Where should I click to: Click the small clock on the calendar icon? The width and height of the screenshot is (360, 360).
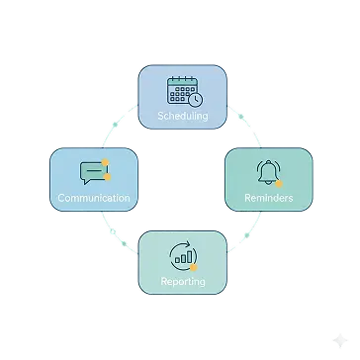[195, 99]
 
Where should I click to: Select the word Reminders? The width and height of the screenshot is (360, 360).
[268, 199]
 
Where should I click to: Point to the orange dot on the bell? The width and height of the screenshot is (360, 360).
[279, 184]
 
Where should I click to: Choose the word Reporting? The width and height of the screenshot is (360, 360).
[183, 282]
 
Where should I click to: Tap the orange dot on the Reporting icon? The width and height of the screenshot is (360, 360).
[195, 266]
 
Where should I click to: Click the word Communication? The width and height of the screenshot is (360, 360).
[93, 199]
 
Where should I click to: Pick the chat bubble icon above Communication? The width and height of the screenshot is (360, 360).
[93, 172]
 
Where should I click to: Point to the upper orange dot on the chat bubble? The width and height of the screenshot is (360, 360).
[105, 161]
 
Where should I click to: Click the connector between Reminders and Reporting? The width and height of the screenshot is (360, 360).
[243, 242]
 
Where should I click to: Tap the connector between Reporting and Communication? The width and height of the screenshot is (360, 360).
[117, 238]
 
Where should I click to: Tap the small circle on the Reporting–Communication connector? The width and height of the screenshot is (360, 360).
[115, 235]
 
